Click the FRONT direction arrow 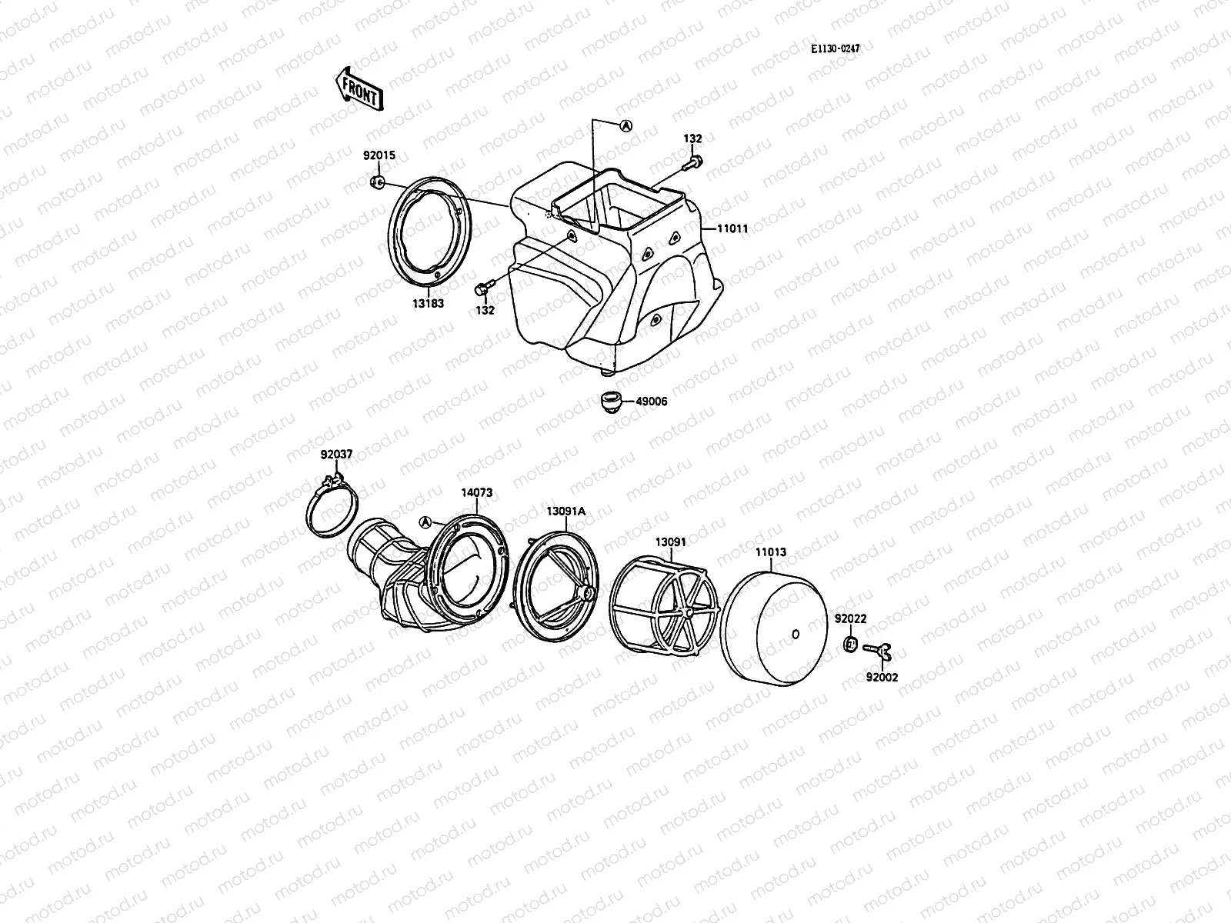coord(358,88)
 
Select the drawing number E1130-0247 coord(835,48)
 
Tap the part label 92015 coord(379,155)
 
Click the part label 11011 coord(732,228)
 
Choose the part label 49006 coord(652,401)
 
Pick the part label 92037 coord(336,455)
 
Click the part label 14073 coord(476,493)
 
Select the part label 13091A coord(566,511)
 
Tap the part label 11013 coord(770,551)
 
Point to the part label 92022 coord(850,618)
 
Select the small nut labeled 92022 coord(850,643)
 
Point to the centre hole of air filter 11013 coord(796,635)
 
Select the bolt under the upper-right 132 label coord(695,162)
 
